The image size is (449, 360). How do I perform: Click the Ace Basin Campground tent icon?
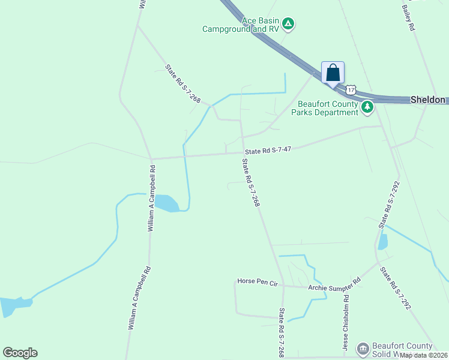click(288, 24)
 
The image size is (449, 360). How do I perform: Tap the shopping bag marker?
click(333, 73)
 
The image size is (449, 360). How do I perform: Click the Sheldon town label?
click(429, 100)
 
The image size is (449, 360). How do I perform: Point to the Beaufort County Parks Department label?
click(325, 108)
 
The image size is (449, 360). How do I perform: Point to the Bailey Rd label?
click(408, 18)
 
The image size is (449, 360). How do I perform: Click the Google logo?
click(20, 353)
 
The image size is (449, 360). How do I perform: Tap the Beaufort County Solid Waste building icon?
click(362, 349)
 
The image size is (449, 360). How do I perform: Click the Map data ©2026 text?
click(424, 355)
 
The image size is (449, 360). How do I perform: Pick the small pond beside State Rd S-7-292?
click(382, 241)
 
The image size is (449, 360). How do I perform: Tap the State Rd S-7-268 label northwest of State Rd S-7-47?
click(182, 83)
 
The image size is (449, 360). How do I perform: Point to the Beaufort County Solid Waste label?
click(402, 350)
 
